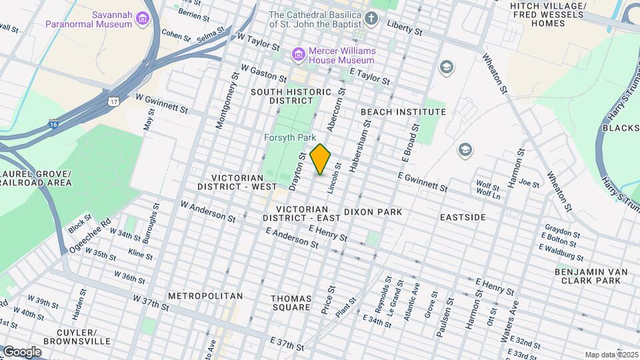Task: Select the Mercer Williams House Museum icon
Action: (x=299, y=53)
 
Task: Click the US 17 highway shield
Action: (x=114, y=101)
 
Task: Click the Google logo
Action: (x=21, y=351)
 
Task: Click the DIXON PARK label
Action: (x=373, y=212)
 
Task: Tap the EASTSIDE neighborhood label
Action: (x=463, y=217)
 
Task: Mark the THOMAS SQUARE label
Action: (x=291, y=303)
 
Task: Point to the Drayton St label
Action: (x=297, y=169)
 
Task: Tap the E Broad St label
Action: (x=410, y=142)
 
